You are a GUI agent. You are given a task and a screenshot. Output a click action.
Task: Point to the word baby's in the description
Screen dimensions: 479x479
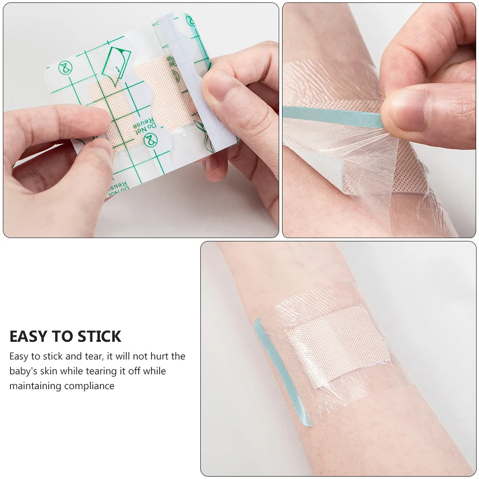pos(23,371)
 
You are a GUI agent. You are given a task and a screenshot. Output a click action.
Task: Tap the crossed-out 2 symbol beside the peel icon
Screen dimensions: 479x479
pos(65,68)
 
